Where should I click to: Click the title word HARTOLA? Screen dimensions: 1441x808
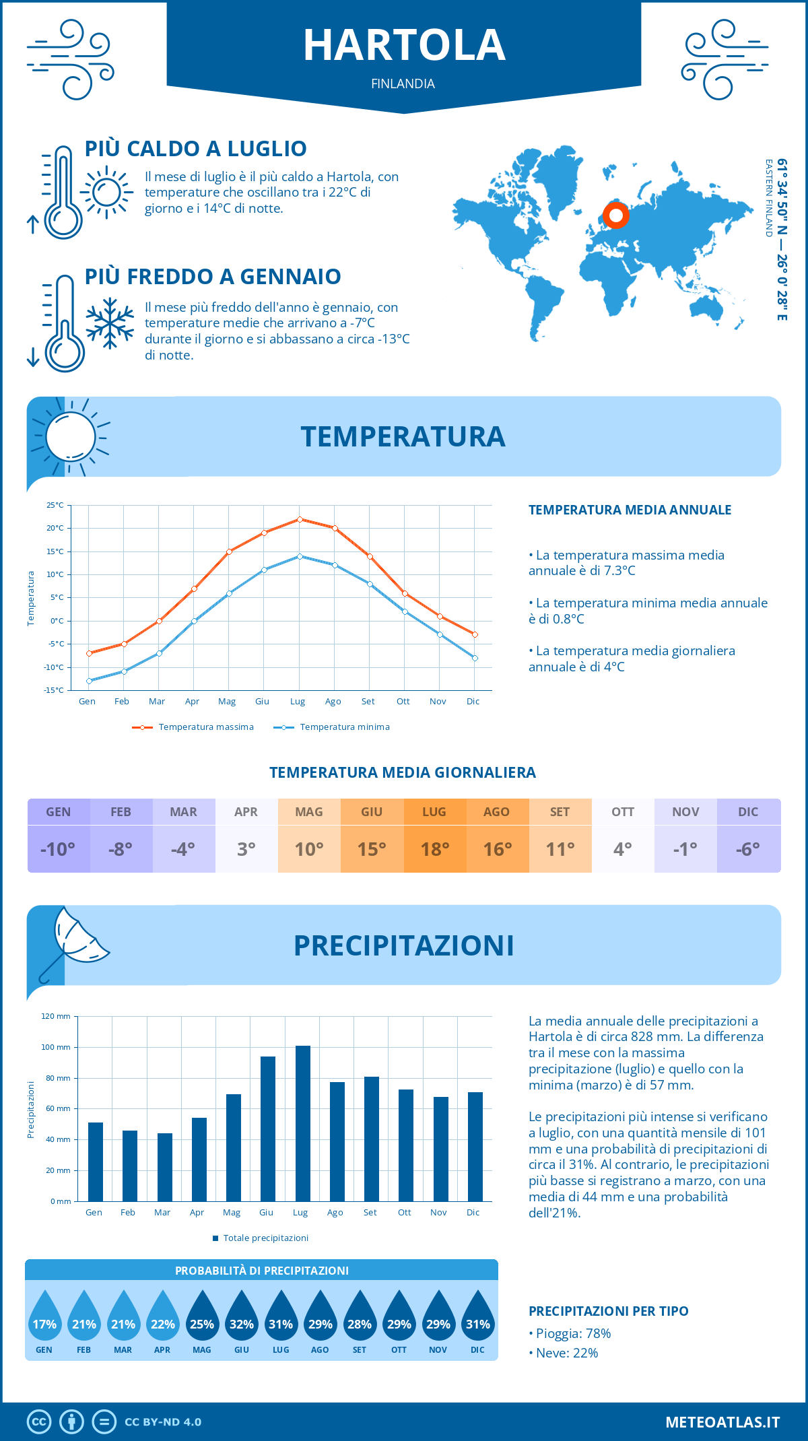point(404,46)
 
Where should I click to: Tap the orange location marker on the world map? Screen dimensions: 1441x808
point(615,215)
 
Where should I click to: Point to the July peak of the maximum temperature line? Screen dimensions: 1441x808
point(300,519)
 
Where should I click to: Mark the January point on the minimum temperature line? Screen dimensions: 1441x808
point(89,681)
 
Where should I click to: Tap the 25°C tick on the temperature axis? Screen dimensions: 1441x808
point(55,505)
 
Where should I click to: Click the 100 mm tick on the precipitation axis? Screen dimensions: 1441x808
point(56,1047)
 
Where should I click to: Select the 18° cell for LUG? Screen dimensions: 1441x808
point(434,849)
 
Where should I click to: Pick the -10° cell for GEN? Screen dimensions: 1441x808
point(58,849)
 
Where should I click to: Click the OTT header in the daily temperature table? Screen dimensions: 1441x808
point(623,812)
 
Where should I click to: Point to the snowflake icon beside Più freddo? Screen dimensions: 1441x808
point(110,323)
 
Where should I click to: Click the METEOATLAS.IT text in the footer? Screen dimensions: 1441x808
point(722,1422)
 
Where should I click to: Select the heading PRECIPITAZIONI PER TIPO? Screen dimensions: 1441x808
point(608,1311)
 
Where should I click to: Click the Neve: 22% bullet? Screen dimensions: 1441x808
point(566,1353)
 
